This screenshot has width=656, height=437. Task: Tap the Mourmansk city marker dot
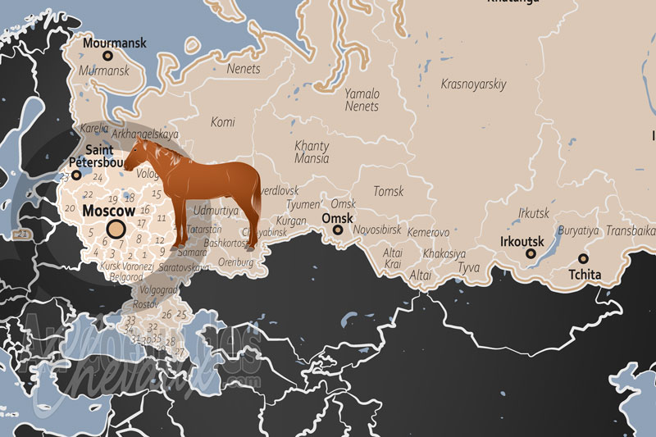107,56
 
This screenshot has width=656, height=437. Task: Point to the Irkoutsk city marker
531,254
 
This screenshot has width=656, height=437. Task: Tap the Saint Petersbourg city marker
76,175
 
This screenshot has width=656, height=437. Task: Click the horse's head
138,152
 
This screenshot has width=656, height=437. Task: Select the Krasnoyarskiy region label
473,84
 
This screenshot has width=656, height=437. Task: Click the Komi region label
222,122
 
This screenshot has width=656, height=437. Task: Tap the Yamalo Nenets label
362,99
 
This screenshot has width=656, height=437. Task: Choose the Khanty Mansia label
312,152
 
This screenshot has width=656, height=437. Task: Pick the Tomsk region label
388,191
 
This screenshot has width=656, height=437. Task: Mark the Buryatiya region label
578,231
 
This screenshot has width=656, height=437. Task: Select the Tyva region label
468,268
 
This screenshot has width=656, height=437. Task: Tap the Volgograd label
159,289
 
